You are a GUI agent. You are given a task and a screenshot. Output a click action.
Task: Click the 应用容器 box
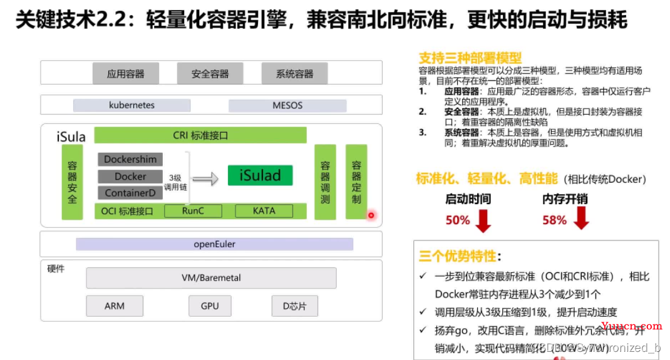coord(125,74)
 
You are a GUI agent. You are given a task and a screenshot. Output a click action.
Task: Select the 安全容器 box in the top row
coord(210,74)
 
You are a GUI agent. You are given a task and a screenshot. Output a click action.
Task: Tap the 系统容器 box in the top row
coord(294,74)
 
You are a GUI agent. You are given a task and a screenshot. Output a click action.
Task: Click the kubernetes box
coord(131,105)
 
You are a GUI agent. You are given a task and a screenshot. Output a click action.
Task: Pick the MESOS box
coord(287,105)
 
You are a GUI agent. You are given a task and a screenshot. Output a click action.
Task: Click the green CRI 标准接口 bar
coord(200,135)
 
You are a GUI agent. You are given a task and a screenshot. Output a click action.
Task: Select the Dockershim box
coord(130,160)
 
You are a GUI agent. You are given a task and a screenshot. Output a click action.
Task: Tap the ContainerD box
coord(130,193)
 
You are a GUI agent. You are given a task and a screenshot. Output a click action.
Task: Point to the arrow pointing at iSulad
coord(205,179)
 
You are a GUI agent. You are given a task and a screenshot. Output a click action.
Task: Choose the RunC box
coord(193,211)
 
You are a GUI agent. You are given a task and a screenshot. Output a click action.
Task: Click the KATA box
coord(264,211)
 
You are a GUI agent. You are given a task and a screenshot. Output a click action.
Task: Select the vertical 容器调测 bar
coord(325,182)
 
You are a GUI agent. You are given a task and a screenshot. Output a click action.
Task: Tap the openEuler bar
coord(214,244)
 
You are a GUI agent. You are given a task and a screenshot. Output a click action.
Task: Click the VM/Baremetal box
coord(211,278)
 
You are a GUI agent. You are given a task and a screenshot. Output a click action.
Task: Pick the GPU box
coord(210,306)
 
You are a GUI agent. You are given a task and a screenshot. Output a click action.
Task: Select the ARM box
coord(115,306)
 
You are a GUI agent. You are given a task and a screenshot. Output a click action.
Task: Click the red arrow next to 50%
coord(483,220)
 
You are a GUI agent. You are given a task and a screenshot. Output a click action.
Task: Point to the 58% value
coord(554,220)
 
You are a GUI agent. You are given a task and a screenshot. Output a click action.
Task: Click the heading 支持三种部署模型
coord(470,58)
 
